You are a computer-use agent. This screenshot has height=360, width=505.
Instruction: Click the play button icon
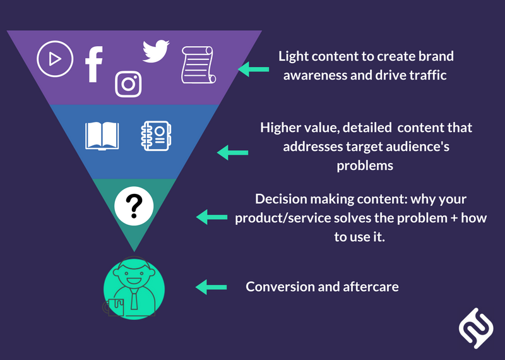coord(54,59)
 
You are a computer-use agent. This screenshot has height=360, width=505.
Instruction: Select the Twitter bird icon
coord(155,51)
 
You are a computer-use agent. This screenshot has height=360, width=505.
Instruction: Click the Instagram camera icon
coord(128,83)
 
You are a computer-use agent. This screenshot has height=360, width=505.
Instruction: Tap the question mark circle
coord(134,205)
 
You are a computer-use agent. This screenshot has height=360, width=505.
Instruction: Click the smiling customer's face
coord(133,276)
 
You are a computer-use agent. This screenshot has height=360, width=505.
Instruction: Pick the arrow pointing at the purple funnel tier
coord(252,69)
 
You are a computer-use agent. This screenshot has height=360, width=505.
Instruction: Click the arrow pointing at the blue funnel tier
coord(232,152)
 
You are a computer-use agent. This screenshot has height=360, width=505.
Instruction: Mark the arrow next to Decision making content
coord(211,217)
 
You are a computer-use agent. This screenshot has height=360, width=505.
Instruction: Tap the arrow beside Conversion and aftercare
coord(211,287)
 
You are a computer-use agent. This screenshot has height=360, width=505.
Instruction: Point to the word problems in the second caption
coord(366,165)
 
